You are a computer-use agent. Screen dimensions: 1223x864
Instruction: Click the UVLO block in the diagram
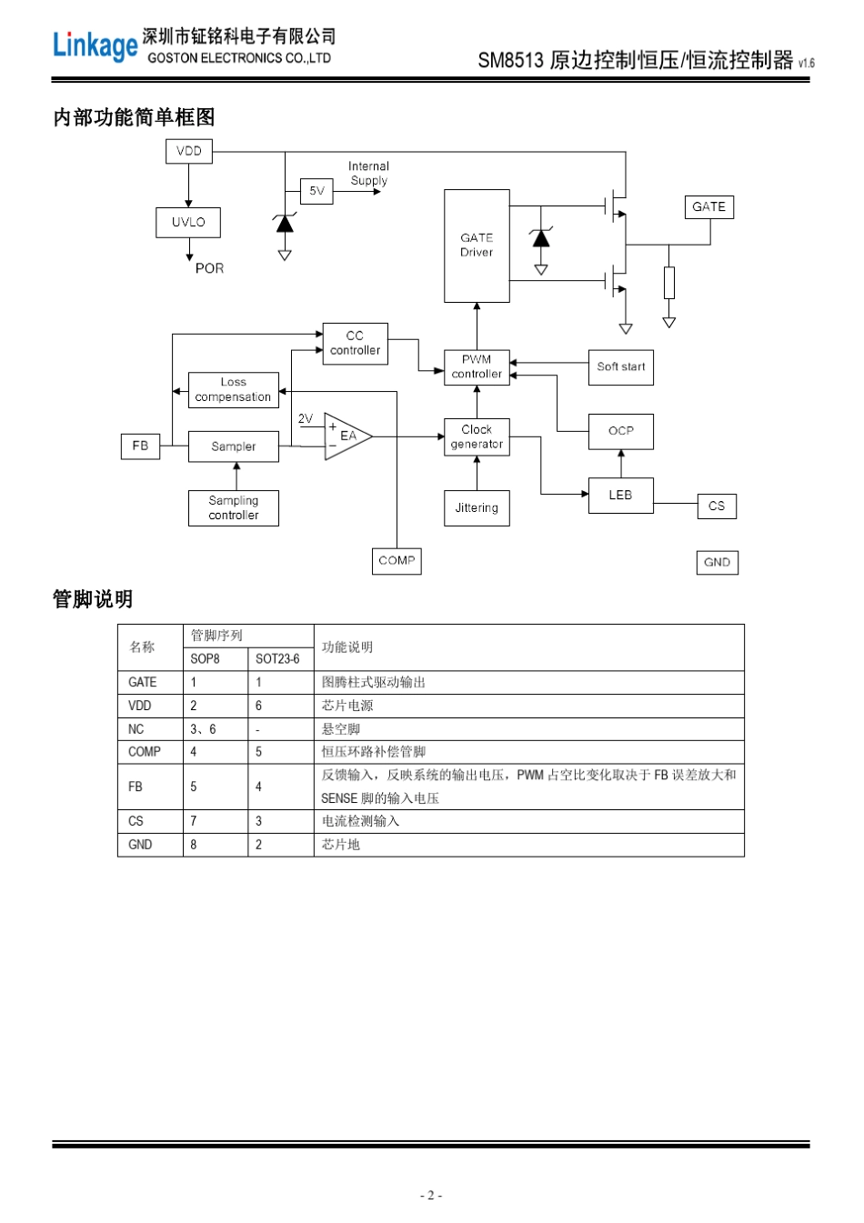(x=188, y=222)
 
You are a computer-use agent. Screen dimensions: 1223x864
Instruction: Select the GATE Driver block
(x=477, y=246)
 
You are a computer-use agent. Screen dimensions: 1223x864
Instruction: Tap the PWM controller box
(x=477, y=366)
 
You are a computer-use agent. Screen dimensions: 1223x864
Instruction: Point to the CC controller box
(x=355, y=344)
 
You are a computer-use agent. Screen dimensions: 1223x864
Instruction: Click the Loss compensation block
(x=233, y=390)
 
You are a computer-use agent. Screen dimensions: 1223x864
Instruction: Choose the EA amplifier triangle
(x=346, y=436)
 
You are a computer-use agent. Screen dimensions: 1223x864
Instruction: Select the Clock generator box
(x=477, y=436)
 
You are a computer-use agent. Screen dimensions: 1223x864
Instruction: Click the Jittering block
(x=477, y=508)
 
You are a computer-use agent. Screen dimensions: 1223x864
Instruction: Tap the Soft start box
(x=620, y=367)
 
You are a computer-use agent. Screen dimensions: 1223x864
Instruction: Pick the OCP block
(x=620, y=431)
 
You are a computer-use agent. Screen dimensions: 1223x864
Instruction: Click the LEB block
(x=620, y=496)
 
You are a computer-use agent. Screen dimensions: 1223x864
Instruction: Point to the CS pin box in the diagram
(x=717, y=506)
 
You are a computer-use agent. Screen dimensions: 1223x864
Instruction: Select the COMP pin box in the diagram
(x=397, y=561)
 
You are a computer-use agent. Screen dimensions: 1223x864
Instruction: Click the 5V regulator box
(x=316, y=191)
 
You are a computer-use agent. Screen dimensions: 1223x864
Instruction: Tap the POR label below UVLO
(x=209, y=268)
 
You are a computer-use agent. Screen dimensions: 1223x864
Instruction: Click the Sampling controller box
(x=233, y=508)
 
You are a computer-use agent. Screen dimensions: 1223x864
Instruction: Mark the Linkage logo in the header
(x=95, y=45)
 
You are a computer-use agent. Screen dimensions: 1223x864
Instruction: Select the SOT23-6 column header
(x=277, y=659)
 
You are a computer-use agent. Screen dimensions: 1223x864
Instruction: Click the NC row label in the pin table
(x=136, y=729)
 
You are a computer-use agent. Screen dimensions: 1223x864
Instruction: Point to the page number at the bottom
(x=431, y=1196)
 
